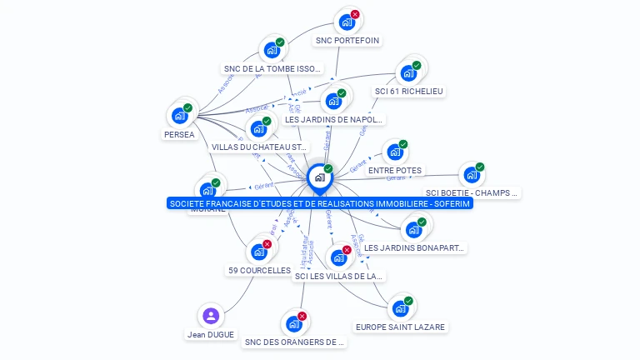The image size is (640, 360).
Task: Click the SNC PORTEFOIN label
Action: [347, 40]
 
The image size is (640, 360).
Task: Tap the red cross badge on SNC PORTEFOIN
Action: [355, 15]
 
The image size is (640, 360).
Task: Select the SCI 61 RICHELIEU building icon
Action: [407, 72]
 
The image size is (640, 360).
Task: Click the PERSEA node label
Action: [179, 134]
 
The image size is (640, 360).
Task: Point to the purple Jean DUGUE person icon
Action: [211, 316]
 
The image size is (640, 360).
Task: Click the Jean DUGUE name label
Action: [211, 334]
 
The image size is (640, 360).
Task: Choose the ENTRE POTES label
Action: [395, 170]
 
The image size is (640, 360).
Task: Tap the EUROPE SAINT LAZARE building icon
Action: [400, 308]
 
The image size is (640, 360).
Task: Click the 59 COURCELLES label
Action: [259, 270]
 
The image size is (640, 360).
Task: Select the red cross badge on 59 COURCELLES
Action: [267, 244]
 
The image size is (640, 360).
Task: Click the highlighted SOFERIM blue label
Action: [319, 203]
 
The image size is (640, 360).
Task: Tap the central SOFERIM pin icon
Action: [319, 177]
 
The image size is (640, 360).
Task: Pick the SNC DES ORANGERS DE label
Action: [294, 342]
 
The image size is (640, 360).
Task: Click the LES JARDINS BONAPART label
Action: [414, 247]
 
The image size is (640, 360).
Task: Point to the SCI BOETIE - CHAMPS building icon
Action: [472, 175]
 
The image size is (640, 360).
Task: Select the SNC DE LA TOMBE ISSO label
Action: [272, 68]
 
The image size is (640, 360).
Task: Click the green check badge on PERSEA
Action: [187, 107]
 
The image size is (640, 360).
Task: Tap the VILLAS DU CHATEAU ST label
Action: [260, 147]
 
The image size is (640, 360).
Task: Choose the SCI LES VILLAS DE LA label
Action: [338, 276]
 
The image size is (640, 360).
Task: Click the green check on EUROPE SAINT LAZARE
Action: [408, 301]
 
